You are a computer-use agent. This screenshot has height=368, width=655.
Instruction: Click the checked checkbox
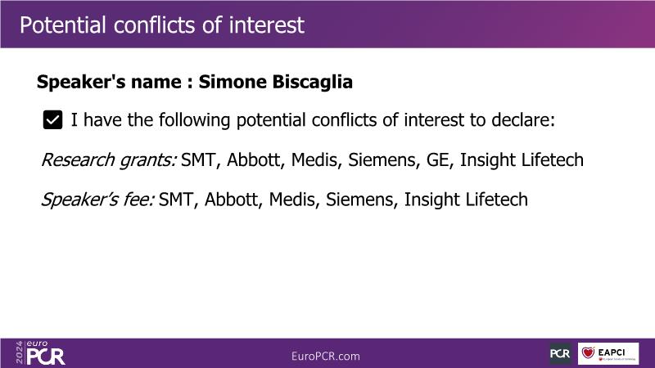click(52, 120)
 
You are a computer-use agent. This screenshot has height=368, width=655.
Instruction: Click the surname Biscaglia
click(313, 82)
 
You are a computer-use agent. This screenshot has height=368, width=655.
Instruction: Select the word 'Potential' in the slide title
click(63, 25)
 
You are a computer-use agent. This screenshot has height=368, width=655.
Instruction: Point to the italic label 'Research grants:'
click(109, 160)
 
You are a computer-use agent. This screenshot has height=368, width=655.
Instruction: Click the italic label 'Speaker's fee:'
click(97, 200)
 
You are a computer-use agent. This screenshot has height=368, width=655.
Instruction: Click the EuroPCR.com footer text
click(325, 357)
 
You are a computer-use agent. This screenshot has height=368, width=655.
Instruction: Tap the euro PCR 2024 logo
click(40, 353)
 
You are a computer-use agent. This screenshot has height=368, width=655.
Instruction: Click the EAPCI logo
click(608, 353)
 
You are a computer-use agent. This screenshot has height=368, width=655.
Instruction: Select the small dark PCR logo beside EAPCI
click(560, 353)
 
